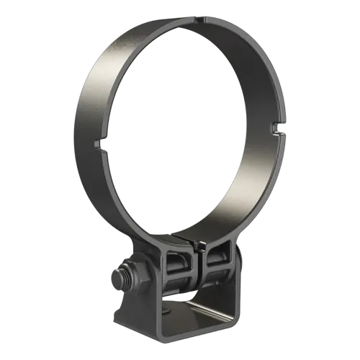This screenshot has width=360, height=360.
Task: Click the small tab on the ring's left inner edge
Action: tap(96, 147)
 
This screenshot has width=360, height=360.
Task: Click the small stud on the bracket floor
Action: tap(168, 310)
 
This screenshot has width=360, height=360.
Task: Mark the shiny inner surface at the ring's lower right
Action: tap(245, 194)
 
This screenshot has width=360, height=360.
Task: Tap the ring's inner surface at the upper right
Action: tap(245, 58)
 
